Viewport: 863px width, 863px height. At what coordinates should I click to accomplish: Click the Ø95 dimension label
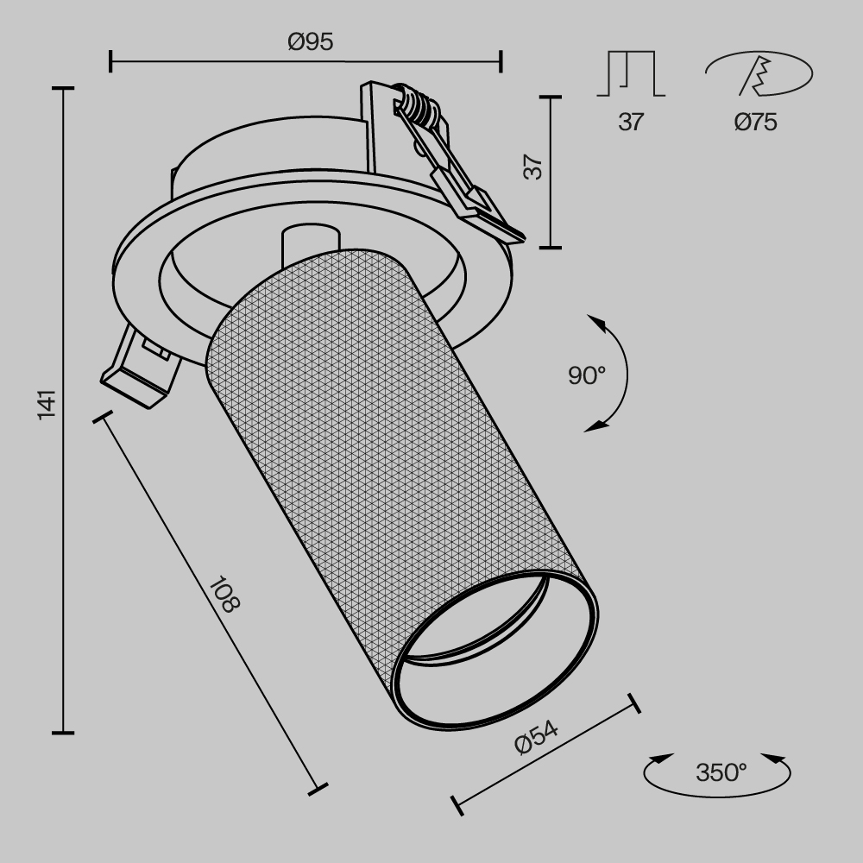(310, 41)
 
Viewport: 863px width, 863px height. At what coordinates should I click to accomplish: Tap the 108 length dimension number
(224, 594)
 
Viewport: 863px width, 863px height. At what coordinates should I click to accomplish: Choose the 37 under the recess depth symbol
(631, 123)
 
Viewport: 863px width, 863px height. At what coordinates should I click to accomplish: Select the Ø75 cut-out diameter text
(755, 123)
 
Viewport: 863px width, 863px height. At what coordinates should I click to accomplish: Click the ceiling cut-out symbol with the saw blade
(758, 75)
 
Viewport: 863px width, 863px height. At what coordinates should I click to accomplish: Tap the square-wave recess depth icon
(631, 74)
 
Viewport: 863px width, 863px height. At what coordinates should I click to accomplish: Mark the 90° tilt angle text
(587, 375)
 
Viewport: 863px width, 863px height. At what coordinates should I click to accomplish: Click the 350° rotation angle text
(721, 771)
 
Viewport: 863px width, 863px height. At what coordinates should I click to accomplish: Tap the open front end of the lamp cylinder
(494, 647)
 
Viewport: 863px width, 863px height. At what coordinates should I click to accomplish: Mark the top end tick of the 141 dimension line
(62, 89)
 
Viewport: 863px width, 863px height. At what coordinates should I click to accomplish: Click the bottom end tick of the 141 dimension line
(62, 733)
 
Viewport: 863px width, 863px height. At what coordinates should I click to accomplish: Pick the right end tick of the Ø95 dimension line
(501, 61)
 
